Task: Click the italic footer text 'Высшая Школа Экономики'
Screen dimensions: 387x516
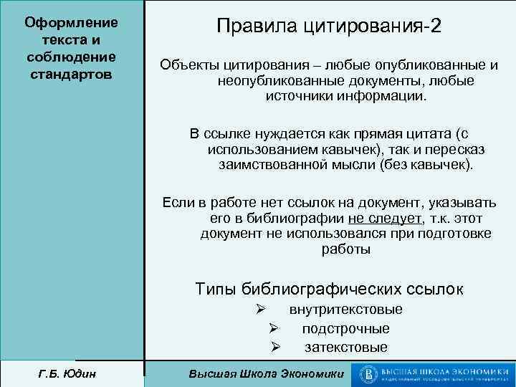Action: (x=265, y=374)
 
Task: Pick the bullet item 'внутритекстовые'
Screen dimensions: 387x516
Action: (x=345, y=310)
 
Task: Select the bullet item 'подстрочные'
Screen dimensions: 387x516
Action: (x=345, y=329)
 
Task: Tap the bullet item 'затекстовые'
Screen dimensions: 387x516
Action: (x=345, y=348)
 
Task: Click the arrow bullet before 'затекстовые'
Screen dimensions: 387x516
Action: (x=274, y=348)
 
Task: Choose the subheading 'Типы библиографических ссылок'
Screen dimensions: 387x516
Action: (x=329, y=289)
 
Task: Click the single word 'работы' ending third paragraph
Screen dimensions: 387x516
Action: (x=346, y=249)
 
